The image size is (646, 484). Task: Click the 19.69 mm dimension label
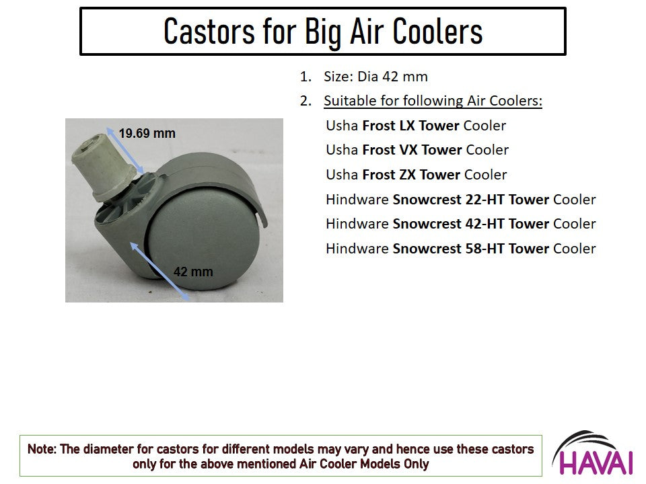click(147, 133)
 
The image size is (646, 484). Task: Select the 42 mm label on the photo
click(193, 272)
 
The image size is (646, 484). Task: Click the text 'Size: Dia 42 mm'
click(375, 77)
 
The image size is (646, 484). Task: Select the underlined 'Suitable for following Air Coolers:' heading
click(433, 101)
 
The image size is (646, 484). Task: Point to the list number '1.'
click(306, 77)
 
